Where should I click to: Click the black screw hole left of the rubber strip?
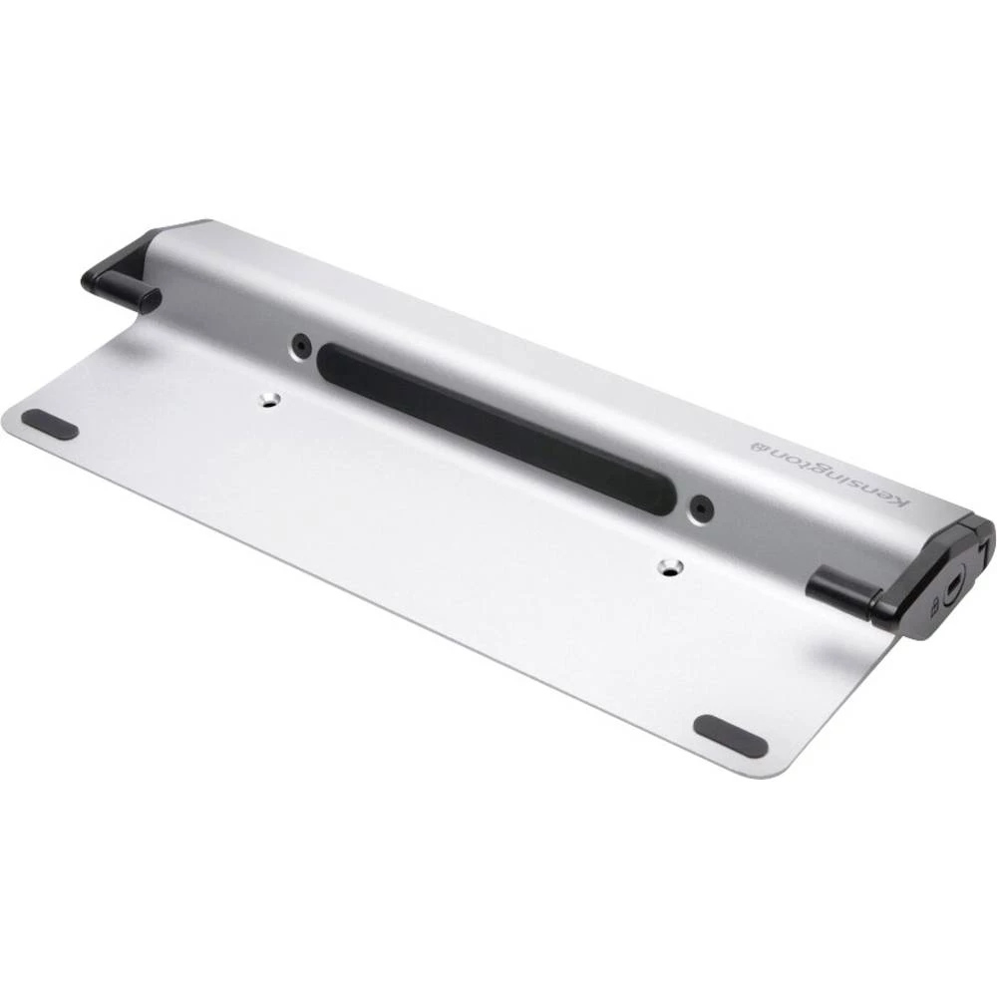pos(300,346)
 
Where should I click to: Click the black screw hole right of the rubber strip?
pos(702,506)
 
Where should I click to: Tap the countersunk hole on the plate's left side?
pos(269,400)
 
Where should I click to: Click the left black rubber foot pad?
pos(50,424)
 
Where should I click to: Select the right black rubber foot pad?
pos(730,736)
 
